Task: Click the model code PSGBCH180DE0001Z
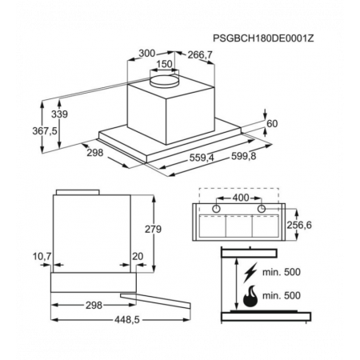[x=263, y=38]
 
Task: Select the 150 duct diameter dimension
[x=164, y=64]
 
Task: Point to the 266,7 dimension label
[x=200, y=55]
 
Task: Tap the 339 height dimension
[x=59, y=114]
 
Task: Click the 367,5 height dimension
[x=45, y=131]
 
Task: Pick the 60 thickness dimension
[x=272, y=124]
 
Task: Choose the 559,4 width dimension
[x=202, y=158]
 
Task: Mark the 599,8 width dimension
[x=243, y=156]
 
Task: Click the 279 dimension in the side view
[x=153, y=229]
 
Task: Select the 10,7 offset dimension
[x=42, y=257]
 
